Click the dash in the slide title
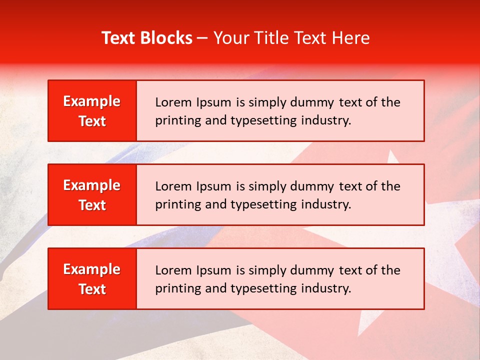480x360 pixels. (202, 38)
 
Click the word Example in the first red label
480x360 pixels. (92, 101)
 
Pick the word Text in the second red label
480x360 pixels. (92, 205)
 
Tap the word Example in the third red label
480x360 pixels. (92, 269)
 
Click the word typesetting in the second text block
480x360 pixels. (263, 204)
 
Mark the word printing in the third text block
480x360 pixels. (173, 288)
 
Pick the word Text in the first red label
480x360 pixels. (92, 121)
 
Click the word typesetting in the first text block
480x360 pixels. (263, 120)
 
